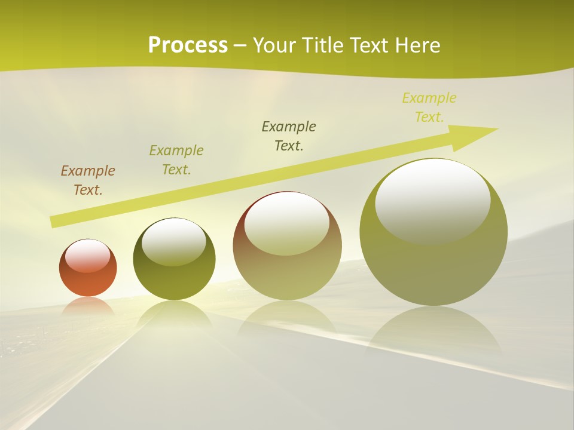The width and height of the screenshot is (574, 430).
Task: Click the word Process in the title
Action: [188, 45]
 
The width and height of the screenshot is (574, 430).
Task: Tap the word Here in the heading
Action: [418, 45]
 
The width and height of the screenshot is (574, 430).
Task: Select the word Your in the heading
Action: [274, 45]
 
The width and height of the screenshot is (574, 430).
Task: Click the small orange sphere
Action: [88, 278]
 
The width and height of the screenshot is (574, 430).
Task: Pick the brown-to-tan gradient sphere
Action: [287, 275]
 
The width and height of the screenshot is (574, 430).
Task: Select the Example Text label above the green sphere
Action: [176, 160]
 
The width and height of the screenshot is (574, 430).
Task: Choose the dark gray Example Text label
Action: [289, 136]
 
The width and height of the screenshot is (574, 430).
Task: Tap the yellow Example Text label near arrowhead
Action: [429, 107]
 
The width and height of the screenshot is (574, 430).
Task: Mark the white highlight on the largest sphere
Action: [433, 200]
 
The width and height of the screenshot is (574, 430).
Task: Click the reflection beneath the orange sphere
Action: [88, 306]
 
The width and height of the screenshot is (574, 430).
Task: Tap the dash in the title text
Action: [240, 45]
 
